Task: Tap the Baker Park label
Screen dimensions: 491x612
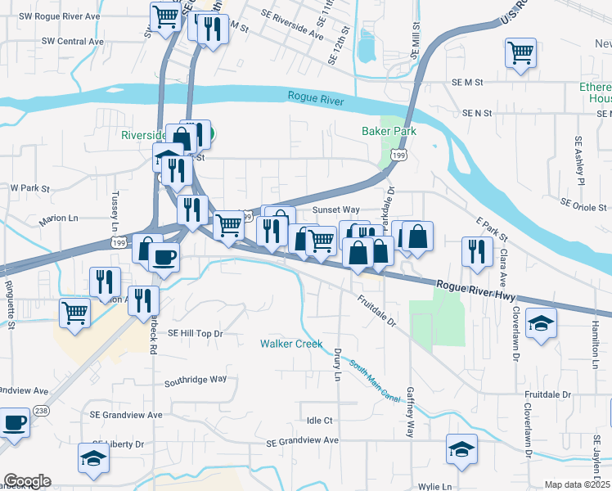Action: click(x=389, y=131)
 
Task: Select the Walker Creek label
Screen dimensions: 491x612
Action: click(x=291, y=344)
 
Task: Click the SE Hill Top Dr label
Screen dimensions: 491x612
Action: click(x=195, y=334)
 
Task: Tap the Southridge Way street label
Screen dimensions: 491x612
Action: click(x=195, y=380)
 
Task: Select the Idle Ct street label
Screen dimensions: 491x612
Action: click(x=320, y=421)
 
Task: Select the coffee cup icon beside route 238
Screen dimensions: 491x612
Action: click(x=14, y=424)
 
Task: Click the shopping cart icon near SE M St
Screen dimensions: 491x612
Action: click(x=520, y=53)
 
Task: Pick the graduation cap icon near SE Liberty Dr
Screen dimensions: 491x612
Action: click(x=93, y=458)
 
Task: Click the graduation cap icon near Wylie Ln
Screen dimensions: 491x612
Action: click(x=461, y=448)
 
